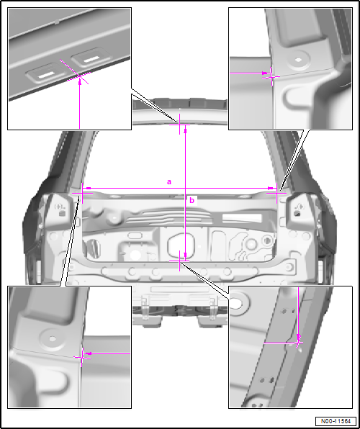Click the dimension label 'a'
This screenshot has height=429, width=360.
tap(169, 182)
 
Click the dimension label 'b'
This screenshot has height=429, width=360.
tap(192, 201)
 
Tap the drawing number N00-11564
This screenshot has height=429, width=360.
tap(336, 421)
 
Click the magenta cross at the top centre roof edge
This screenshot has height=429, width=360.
tap(179, 125)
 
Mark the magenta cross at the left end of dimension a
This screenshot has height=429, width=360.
tap(82, 193)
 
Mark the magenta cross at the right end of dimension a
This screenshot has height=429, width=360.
tap(276, 193)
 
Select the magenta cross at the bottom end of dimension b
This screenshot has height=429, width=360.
tap(179, 261)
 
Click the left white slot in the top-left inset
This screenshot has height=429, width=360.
tap(46, 76)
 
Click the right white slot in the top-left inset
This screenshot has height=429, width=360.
tap(91, 59)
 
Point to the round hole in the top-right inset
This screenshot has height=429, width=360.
tap(299, 59)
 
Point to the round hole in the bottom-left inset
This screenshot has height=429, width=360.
tap(53, 339)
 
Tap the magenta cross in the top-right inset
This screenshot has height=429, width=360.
tap(271, 77)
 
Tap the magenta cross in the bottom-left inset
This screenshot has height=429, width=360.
tap(82, 357)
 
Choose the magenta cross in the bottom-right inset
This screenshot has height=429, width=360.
tap(298, 343)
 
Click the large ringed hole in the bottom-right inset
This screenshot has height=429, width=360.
tap(237, 302)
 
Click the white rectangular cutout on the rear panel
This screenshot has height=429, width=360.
tap(242, 217)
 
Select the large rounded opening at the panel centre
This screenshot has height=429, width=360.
tap(181, 245)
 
